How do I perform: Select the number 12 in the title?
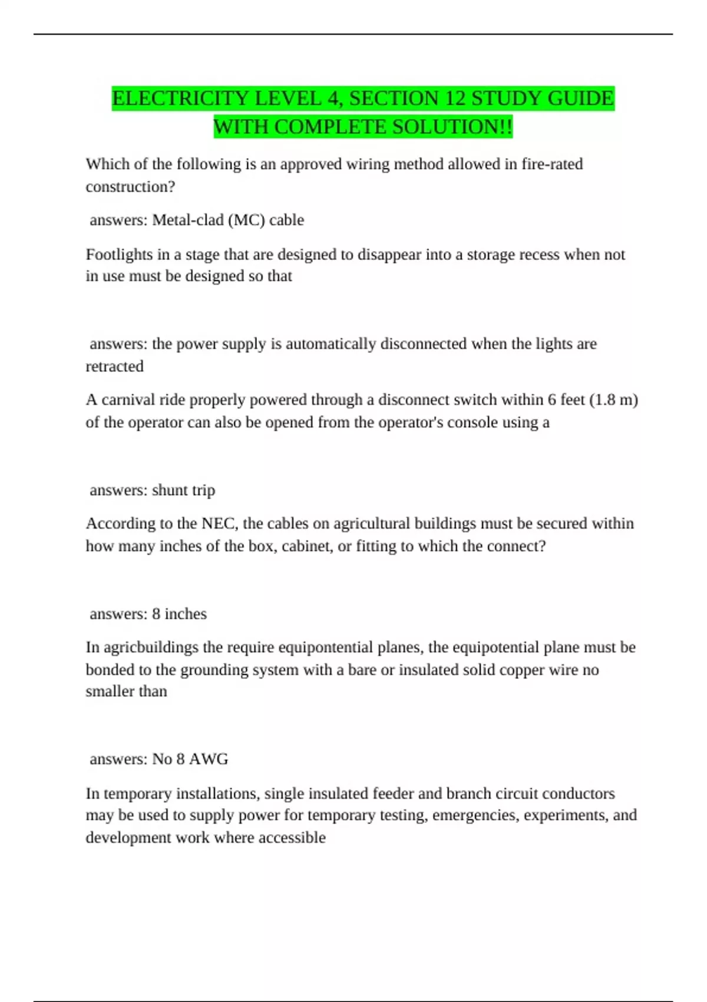point(455,98)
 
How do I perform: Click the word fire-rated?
point(552,164)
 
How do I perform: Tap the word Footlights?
point(119,254)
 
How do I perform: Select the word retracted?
point(115,366)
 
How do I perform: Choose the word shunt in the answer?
point(170,490)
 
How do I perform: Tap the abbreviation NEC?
point(218,523)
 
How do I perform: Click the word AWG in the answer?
point(209,759)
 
